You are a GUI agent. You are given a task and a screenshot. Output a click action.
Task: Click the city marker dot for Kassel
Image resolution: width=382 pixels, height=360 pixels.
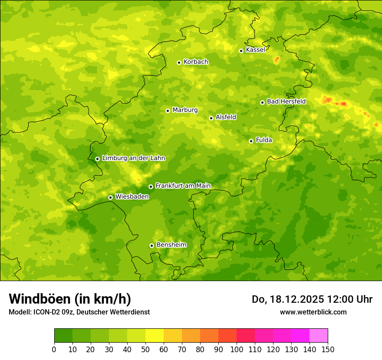tap(241, 51)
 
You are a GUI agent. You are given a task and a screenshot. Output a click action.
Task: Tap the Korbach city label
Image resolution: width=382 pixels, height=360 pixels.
tap(196, 62)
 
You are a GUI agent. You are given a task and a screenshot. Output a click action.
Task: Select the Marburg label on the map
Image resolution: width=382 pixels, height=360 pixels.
tap(185, 110)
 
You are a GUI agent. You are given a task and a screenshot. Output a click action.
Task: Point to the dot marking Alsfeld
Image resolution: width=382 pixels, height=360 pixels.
tap(211, 118)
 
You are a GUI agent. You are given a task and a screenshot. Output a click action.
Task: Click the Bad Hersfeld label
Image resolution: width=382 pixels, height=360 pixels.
tap(286, 101)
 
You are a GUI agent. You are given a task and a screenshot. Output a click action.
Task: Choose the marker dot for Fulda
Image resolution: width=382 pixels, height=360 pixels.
tap(251, 141)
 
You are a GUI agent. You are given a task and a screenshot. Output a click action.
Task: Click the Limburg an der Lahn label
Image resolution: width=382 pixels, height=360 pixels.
tap(133, 158)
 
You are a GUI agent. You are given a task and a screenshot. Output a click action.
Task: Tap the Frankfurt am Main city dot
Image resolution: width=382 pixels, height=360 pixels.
tap(151, 187)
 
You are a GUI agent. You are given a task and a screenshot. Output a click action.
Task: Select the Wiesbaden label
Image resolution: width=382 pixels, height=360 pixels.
tap(132, 196)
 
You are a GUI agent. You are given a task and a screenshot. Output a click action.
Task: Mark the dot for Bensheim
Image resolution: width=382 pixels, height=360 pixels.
tap(151, 245)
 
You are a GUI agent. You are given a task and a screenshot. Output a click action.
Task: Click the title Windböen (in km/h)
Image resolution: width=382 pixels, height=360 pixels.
tap(70, 299)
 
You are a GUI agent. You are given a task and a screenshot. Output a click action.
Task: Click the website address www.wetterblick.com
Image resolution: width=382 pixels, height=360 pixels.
tap(313, 312)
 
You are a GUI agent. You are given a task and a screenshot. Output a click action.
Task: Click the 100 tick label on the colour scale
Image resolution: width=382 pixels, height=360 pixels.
tap(237, 350)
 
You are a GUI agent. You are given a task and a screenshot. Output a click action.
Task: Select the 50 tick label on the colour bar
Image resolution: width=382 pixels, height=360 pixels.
tap(145, 350)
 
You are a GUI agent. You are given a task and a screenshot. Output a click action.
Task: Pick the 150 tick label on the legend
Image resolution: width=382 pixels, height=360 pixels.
tap(327, 350)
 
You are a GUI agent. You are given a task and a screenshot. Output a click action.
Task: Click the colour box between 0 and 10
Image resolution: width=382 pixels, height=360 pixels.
tap(63, 336)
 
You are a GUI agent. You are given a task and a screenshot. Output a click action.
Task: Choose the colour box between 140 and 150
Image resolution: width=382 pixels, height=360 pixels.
tap(319, 336)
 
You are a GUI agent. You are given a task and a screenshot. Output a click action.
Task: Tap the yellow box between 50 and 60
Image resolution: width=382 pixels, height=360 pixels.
tap(155, 336)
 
